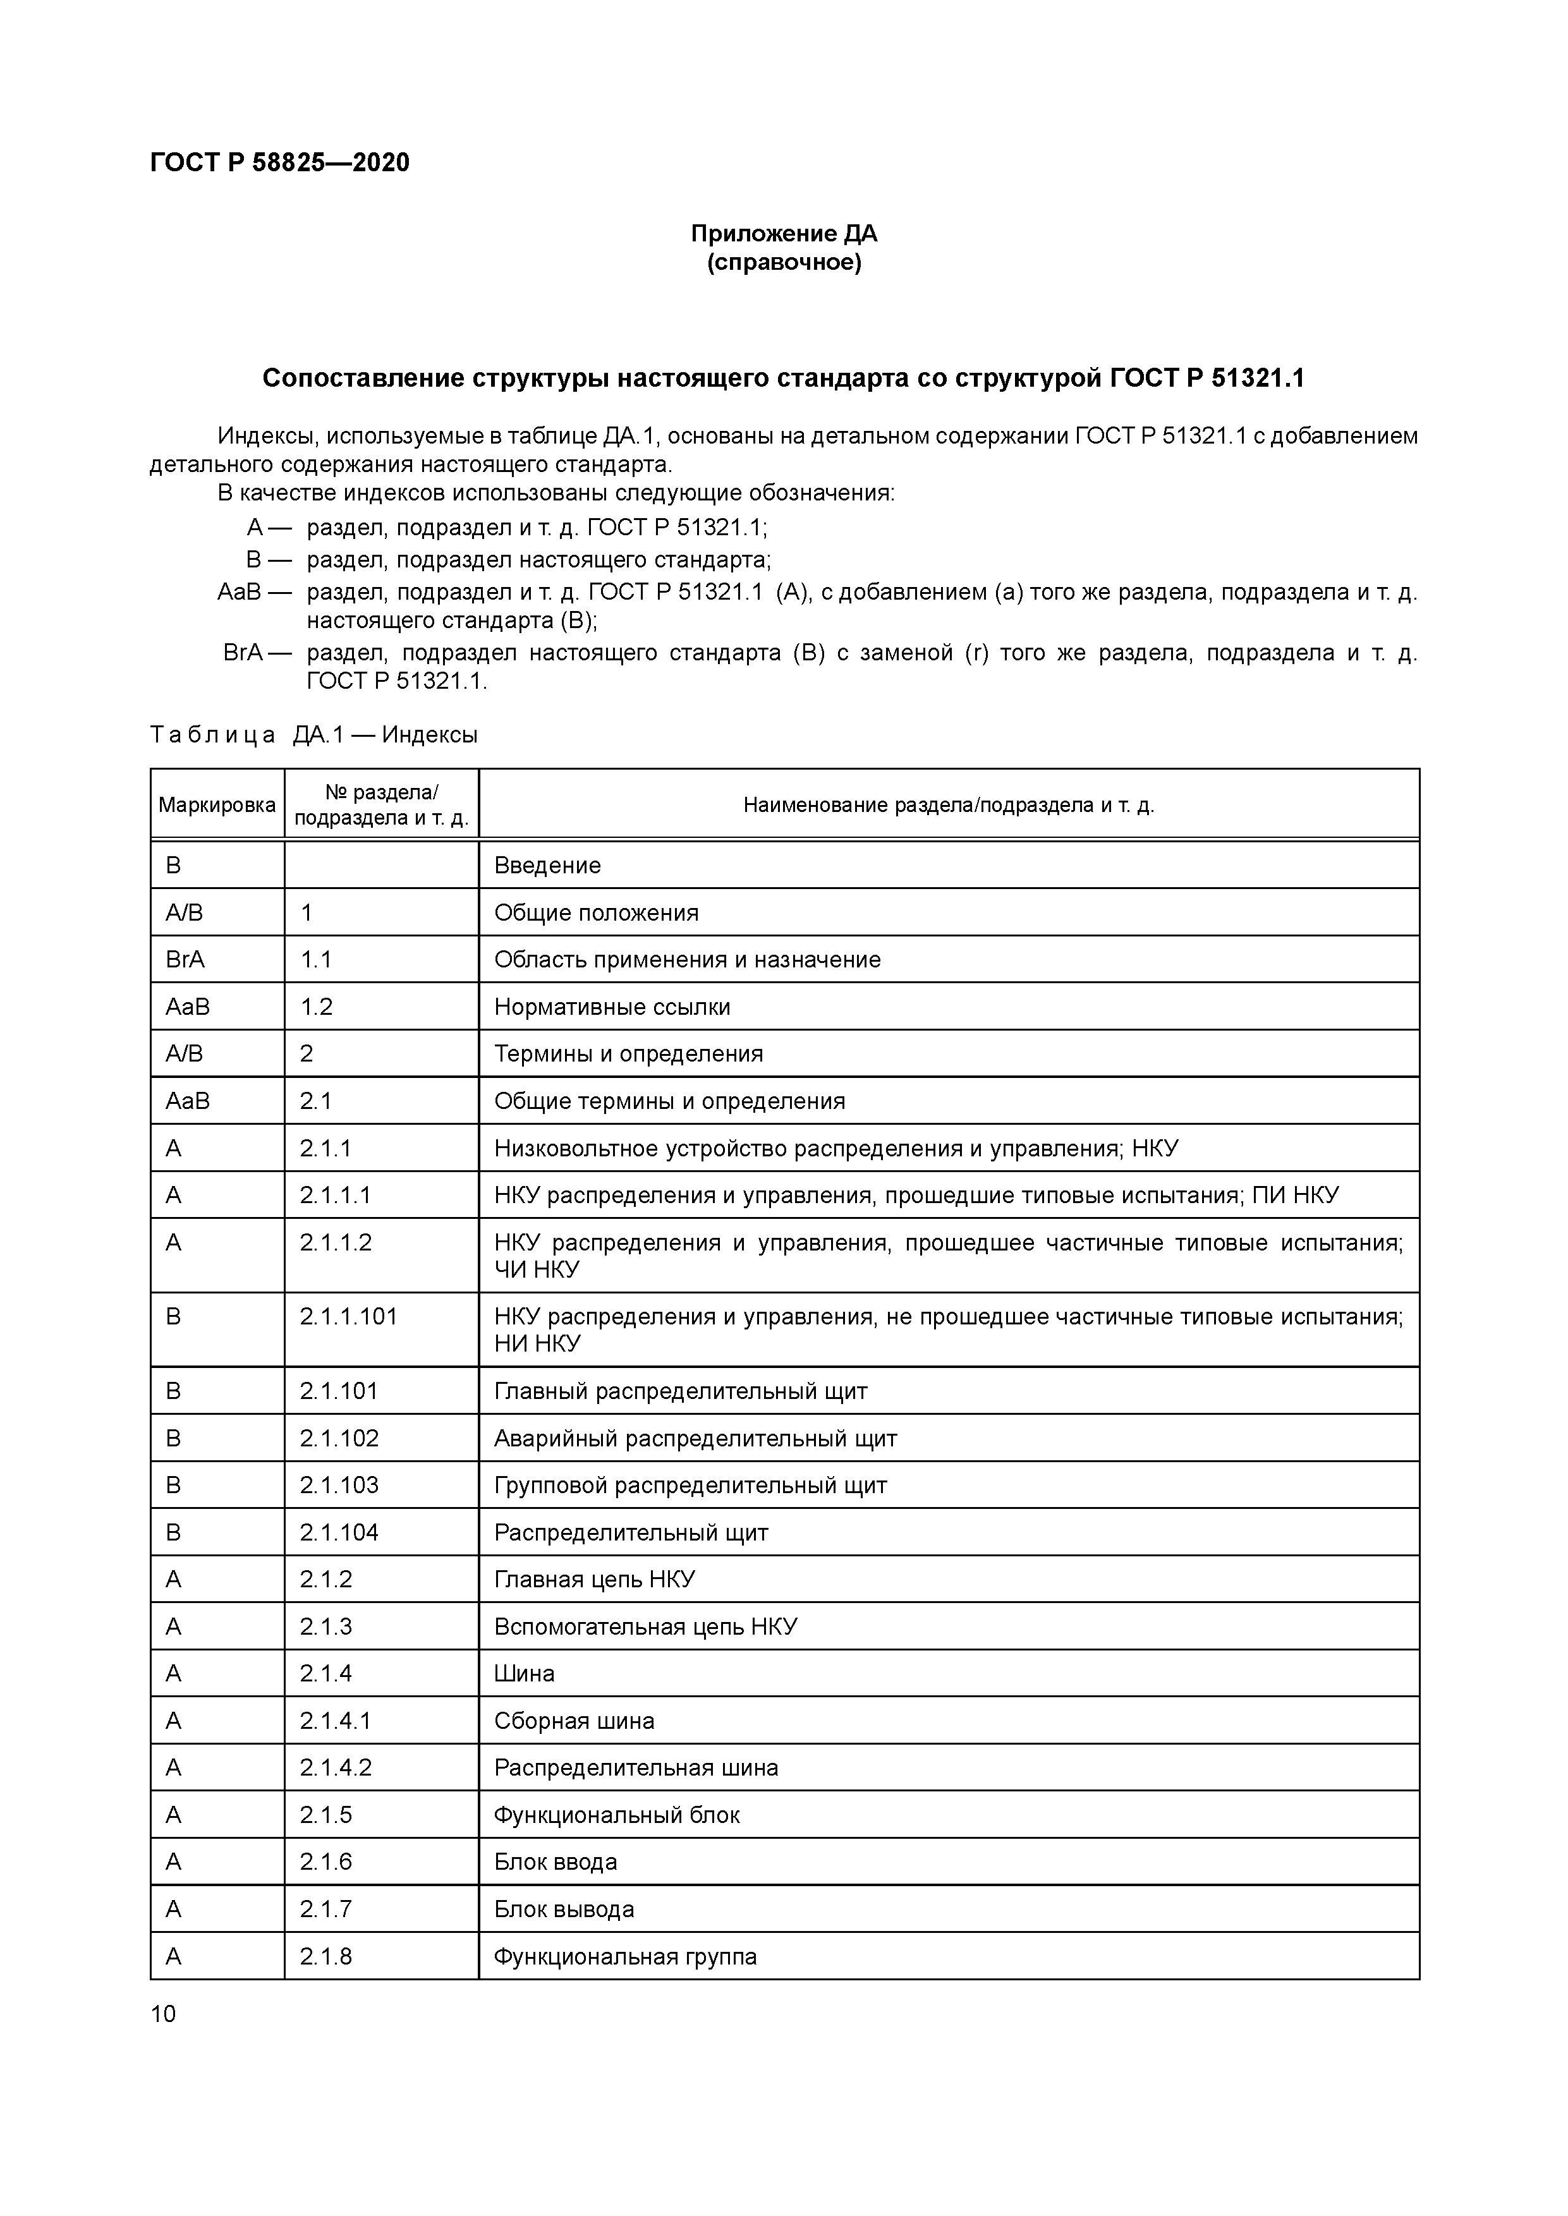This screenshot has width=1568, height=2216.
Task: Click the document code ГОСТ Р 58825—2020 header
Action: [x=280, y=162]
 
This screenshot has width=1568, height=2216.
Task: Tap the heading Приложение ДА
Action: [x=783, y=234]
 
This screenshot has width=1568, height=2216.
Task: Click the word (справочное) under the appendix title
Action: [x=783, y=262]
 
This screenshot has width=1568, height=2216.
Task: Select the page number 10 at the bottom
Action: [x=163, y=2013]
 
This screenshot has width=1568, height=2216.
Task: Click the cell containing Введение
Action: [x=547, y=866]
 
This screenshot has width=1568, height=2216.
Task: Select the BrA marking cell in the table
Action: [x=185, y=959]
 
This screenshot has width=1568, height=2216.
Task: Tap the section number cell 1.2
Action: [x=317, y=1007]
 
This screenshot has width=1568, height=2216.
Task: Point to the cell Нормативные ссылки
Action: [x=612, y=1007]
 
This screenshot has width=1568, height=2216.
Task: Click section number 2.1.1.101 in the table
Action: [x=349, y=1316]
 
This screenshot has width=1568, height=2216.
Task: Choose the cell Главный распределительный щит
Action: [x=681, y=1391]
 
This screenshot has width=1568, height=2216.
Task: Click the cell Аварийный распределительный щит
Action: [x=695, y=1438]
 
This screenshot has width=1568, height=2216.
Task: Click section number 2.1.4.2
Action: [x=335, y=1767]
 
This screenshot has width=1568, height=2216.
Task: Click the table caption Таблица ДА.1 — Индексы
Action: [x=314, y=734]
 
